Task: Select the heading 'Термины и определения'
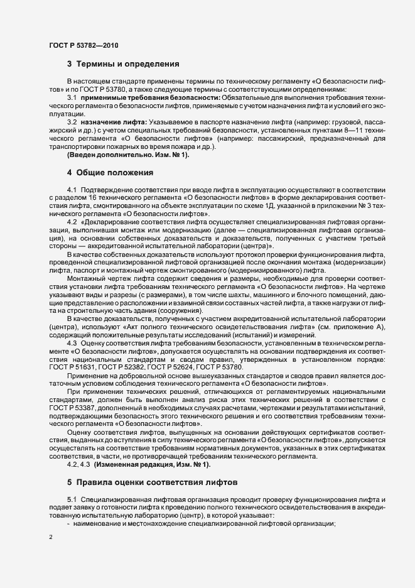pyautogui.click(x=128, y=64)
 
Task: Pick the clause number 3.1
pyautogui.click(x=72, y=99)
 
